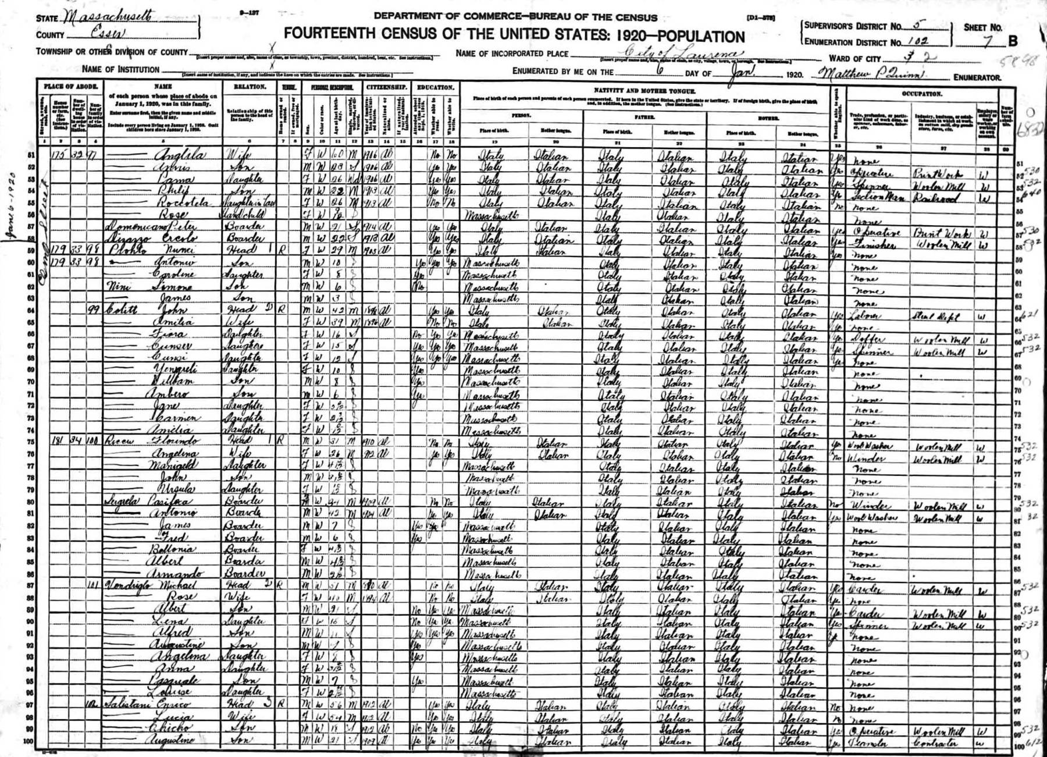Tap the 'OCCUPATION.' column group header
pyautogui.click(x=922, y=93)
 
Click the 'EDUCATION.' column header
pyautogui.click(x=435, y=87)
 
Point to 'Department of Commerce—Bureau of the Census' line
pyautogui.click(x=515, y=17)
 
